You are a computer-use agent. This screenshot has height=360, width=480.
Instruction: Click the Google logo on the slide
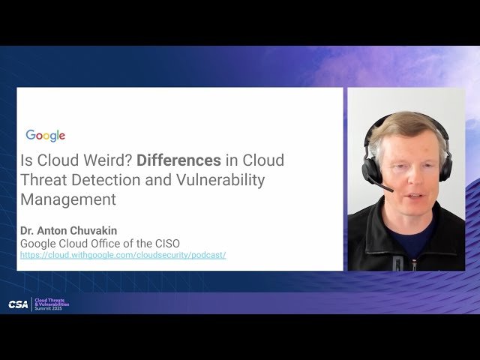[x=46, y=136]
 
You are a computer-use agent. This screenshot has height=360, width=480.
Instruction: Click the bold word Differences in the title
[x=178, y=160]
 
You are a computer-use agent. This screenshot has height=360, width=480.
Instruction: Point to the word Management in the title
[x=68, y=199]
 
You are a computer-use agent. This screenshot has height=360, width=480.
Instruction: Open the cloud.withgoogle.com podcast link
[x=123, y=255]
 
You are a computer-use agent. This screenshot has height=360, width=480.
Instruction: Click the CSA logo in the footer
[x=18, y=304]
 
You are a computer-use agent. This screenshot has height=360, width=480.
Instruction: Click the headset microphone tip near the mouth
[x=390, y=189]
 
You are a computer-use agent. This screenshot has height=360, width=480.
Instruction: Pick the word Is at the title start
[x=25, y=160]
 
